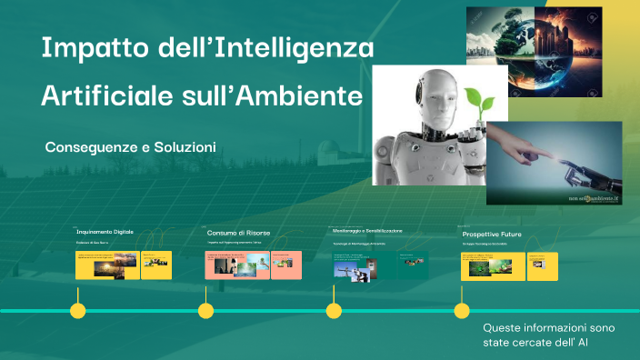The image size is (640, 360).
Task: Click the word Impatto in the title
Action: [89, 48]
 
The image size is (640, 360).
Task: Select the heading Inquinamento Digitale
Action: [105, 232]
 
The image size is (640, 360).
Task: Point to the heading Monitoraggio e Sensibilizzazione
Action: [367, 232]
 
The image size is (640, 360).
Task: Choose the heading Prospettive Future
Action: [492, 234]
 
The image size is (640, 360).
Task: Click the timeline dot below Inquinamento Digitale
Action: [78, 311]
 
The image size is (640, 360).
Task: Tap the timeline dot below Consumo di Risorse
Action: [206, 311]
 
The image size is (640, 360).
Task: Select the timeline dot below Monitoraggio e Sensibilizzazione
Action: [334, 311]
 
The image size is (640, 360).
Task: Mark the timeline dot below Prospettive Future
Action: [462, 311]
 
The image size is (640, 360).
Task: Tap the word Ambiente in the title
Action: [315, 95]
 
